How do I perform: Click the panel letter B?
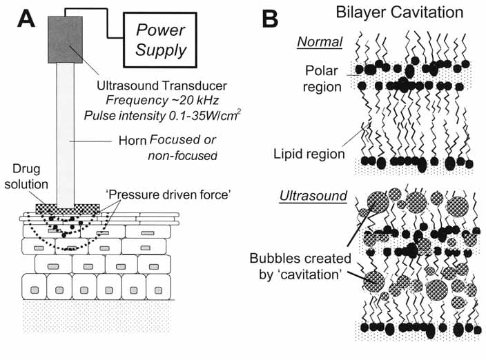pyautogui.click(x=273, y=19)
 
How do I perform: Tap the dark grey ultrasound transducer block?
pyautogui.click(x=66, y=40)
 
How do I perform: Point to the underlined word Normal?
pyautogui.click(x=320, y=42)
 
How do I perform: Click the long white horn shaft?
pyautogui.click(x=66, y=138)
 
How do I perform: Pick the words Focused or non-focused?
pyautogui.click(x=181, y=148)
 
